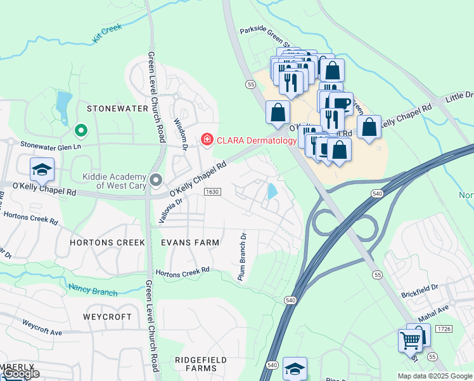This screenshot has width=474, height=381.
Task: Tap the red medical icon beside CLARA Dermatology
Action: (207, 139)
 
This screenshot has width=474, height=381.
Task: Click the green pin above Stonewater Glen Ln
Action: (80, 131)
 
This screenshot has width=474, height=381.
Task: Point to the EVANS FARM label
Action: (190, 243)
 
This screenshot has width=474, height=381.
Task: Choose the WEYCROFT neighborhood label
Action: (107, 316)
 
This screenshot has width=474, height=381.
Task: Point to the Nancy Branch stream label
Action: (93, 290)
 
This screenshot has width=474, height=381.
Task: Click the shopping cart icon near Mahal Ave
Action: (410, 341)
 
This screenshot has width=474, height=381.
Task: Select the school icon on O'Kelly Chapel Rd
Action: (42, 169)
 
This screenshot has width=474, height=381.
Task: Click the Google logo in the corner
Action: (21, 373)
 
